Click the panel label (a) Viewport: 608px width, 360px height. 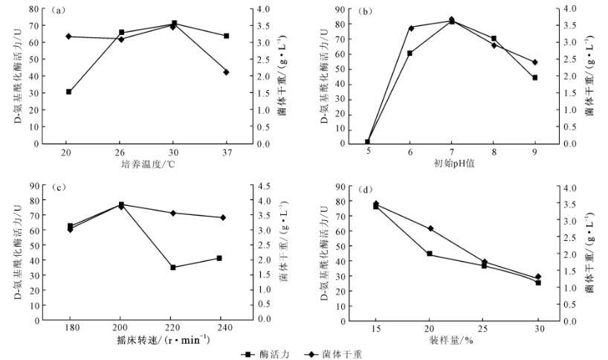click(x=59, y=12)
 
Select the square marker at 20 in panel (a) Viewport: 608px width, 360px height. click(x=68, y=91)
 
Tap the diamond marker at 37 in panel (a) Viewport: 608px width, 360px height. click(x=226, y=72)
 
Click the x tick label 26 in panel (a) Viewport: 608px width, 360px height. click(x=121, y=152)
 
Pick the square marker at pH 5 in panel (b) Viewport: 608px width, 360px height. click(x=367, y=141)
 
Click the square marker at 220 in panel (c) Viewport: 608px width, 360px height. click(x=172, y=267)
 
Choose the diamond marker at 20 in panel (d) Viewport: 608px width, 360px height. click(x=429, y=228)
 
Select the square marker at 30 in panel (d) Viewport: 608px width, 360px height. click(x=538, y=283)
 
